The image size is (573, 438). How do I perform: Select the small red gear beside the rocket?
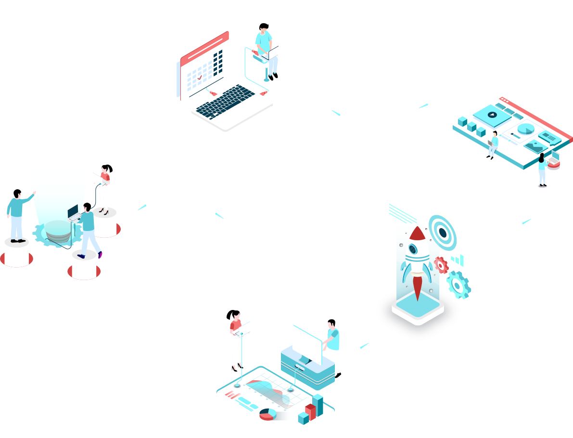pos(440,265)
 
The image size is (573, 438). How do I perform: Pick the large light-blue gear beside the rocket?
pos(458,285)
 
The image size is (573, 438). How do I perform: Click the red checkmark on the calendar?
pos(199,77)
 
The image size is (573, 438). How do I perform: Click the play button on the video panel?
pos(491,115)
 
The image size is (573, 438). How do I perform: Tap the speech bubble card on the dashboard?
pos(549,137)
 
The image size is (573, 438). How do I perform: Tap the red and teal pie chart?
pos(268,413)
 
